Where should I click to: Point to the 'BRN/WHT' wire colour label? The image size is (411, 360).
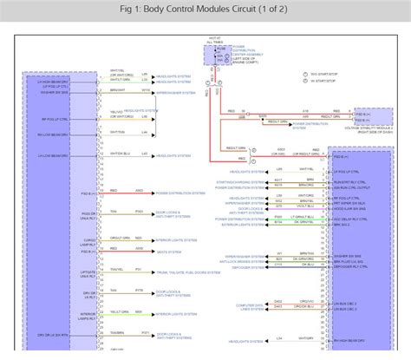(x=117, y=89)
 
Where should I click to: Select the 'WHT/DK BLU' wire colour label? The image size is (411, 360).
(x=120, y=154)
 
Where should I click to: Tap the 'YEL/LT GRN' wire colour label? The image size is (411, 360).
(x=117, y=312)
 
